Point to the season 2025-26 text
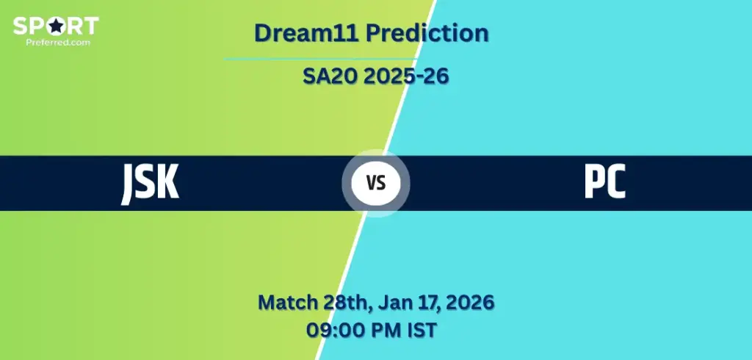coord(405,76)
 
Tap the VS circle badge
coord(376,183)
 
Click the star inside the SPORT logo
coord(57,26)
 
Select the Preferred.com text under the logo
coord(58,42)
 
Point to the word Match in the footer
coord(288,303)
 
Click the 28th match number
coord(347,303)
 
